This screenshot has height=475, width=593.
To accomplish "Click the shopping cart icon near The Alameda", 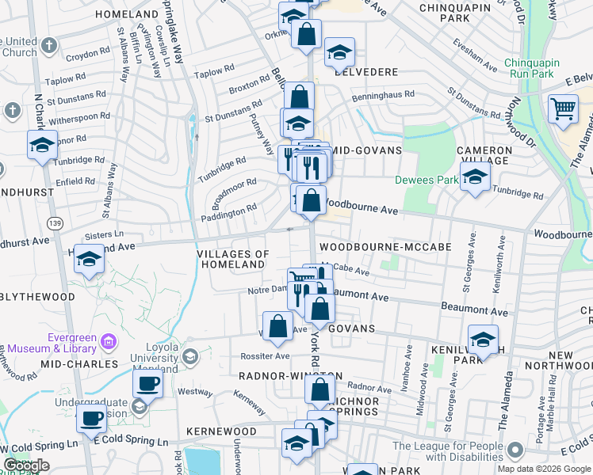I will tap(563, 108).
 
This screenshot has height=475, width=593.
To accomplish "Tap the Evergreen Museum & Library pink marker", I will tap(109, 341).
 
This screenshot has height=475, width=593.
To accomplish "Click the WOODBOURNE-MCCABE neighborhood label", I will tap(385, 248).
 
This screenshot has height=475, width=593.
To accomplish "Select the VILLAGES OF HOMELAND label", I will tap(233, 259).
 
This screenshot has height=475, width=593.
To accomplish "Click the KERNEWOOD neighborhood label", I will tap(221, 431).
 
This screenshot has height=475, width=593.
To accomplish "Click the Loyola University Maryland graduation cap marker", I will tap(190, 357).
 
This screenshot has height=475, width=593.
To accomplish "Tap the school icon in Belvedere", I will tap(339, 52).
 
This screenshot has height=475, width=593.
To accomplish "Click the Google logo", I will tap(26, 465).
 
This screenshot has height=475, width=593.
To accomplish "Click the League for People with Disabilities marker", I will tap(516, 451).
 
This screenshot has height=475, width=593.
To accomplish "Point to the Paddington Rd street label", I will tap(229, 211).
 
